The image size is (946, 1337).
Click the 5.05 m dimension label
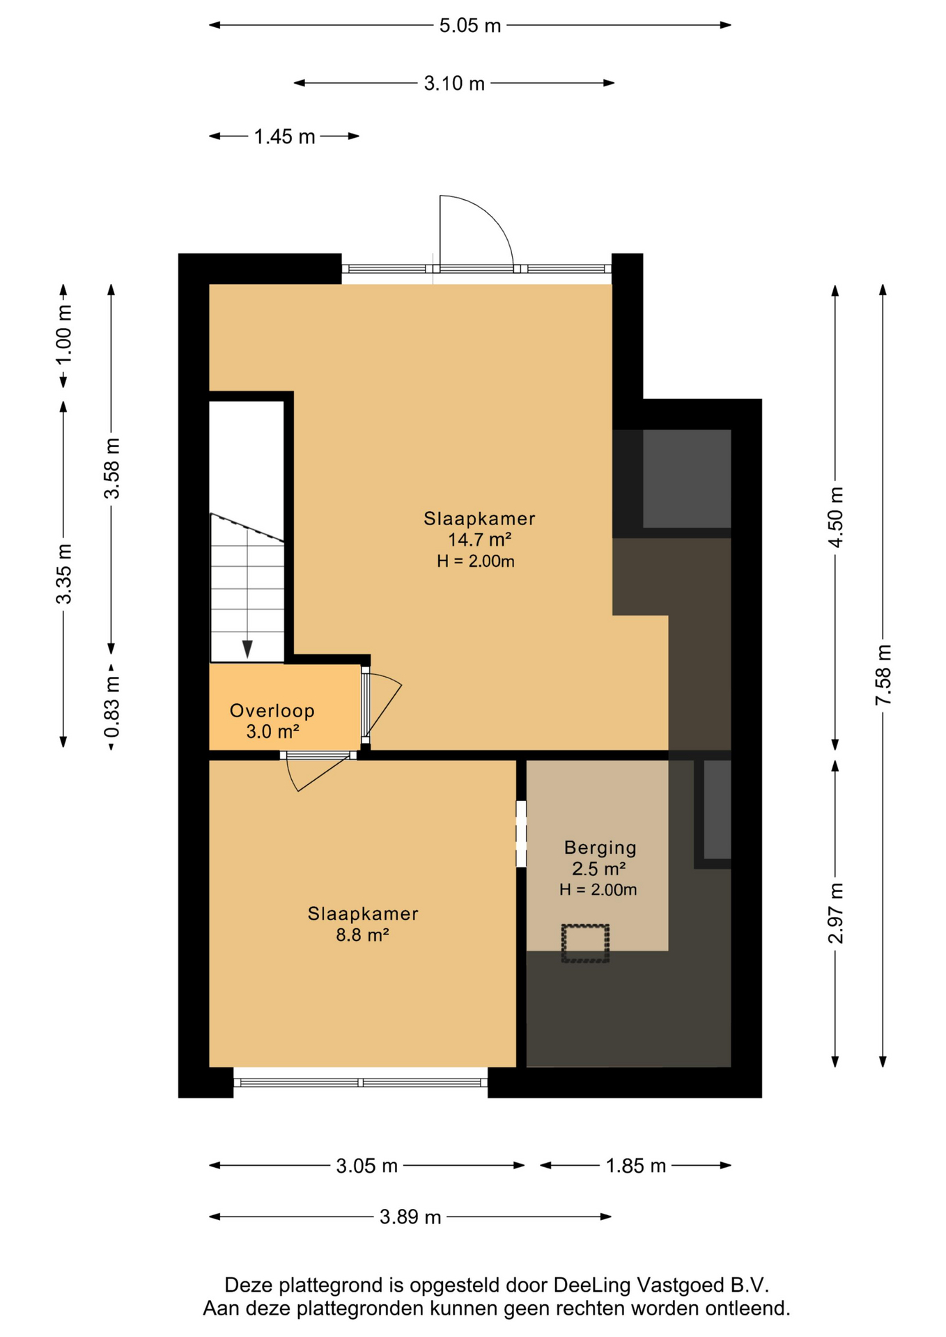(470, 26)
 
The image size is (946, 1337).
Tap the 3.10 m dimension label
(454, 84)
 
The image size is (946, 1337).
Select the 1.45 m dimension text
(284, 136)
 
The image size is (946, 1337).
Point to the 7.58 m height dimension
(883, 675)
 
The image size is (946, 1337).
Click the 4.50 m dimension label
(835, 517)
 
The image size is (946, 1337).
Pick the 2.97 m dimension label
(835, 913)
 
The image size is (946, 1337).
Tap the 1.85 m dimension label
(635, 1166)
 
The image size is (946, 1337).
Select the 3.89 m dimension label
(410, 1217)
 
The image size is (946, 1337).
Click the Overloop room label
(272, 711)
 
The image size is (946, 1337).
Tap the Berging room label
(600, 847)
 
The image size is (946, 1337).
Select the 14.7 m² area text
(479, 540)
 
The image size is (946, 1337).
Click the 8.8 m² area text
(362, 935)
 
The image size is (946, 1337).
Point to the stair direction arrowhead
(247, 649)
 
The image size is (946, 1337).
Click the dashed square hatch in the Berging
(585, 944)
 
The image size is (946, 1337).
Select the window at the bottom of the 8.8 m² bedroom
(360, 1082)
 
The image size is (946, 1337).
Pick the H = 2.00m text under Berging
(598, 889)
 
